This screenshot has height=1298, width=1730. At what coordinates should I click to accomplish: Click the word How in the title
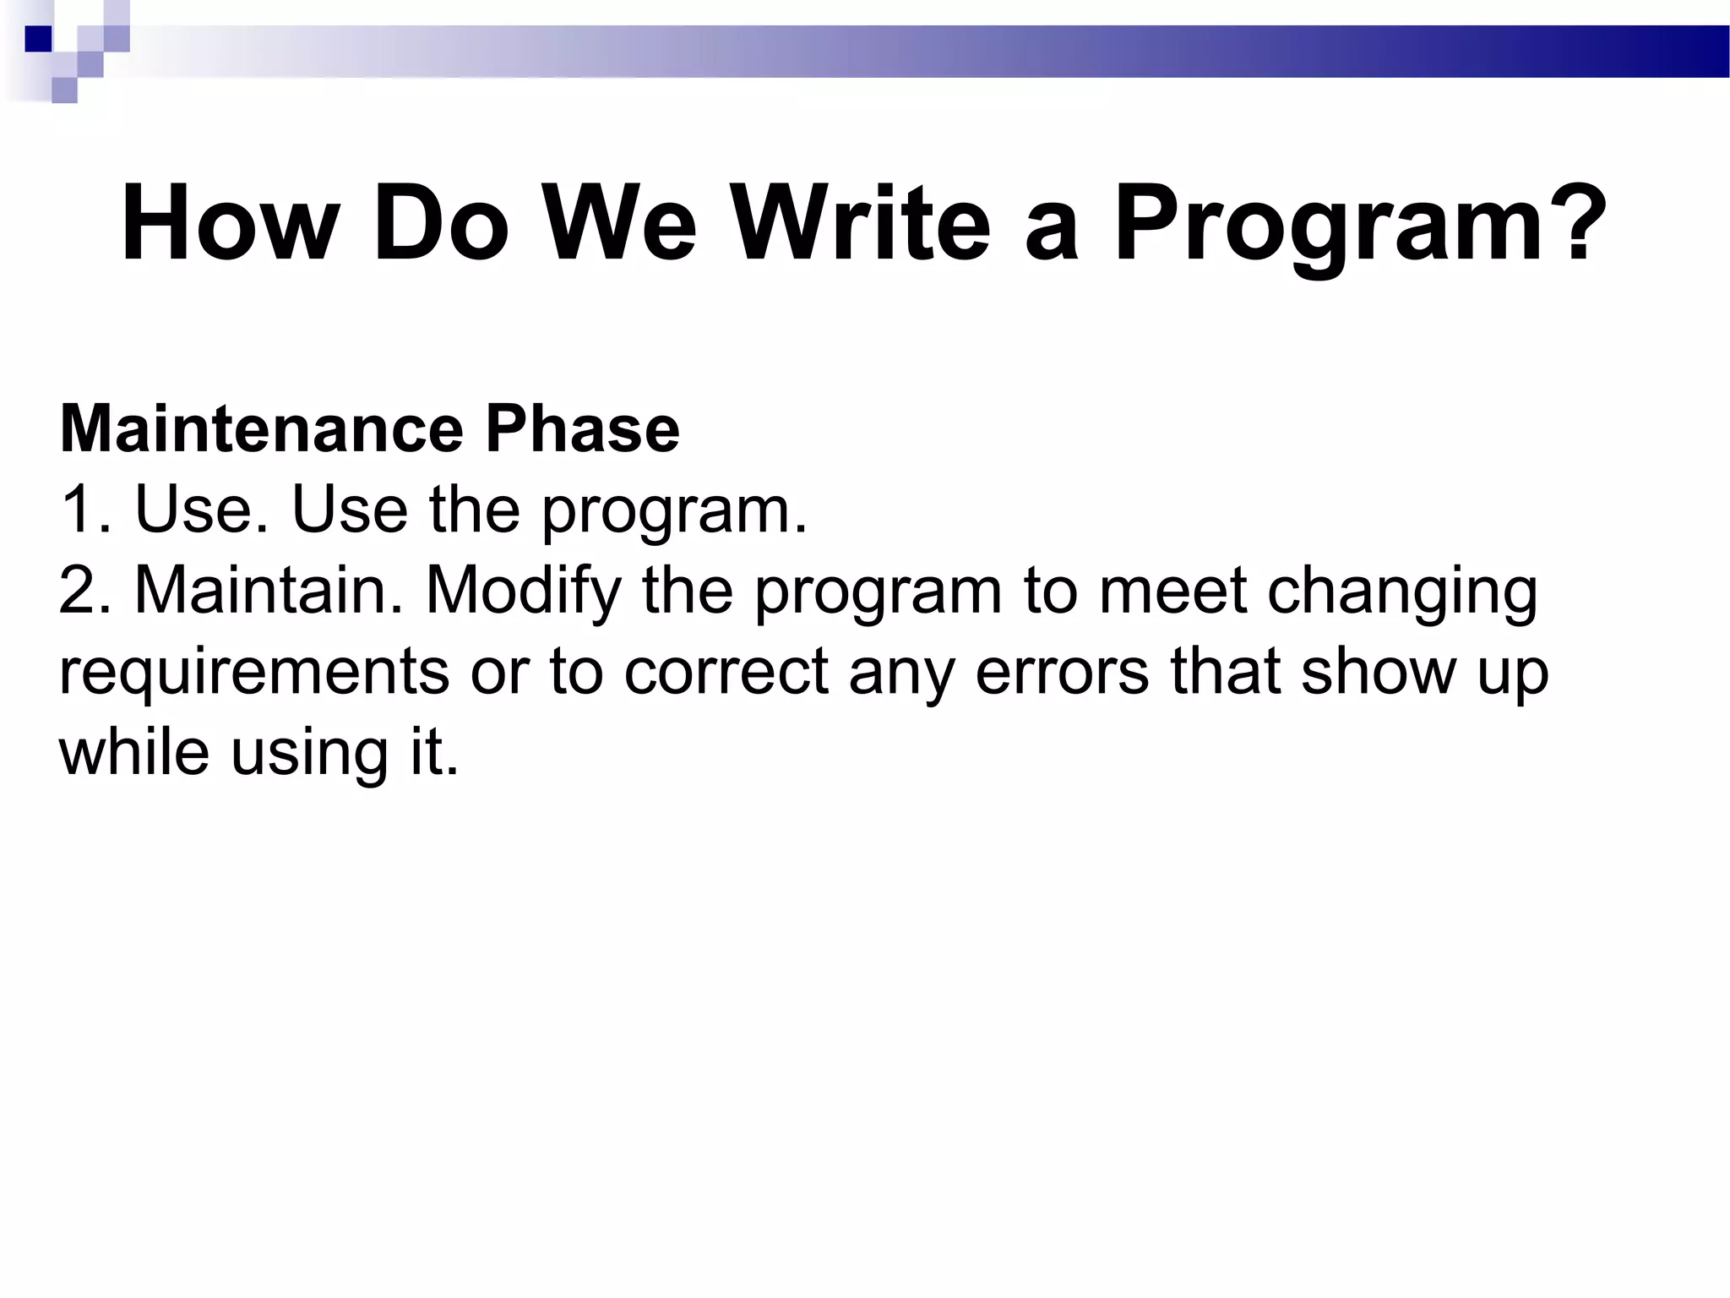pyautogui.click(x=230, y=224)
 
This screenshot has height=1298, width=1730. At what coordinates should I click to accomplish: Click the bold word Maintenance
pyautogui.click(x=261, y=429)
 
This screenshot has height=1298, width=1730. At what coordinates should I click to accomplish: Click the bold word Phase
pyautogui.click(x=582, y=429)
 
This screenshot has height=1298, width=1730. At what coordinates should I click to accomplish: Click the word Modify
pyautogui.click(x=523, y=592)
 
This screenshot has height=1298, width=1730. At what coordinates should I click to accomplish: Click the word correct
pyautogui.click(x=726, y=672)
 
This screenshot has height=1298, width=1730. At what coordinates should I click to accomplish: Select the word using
pyautogui.click(x=309, y=754)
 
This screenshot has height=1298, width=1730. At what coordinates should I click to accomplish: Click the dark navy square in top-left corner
pyautogui.click(x=39, y=39)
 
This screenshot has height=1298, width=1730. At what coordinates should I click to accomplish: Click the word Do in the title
pyautogui.click(x=440, y=224)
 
